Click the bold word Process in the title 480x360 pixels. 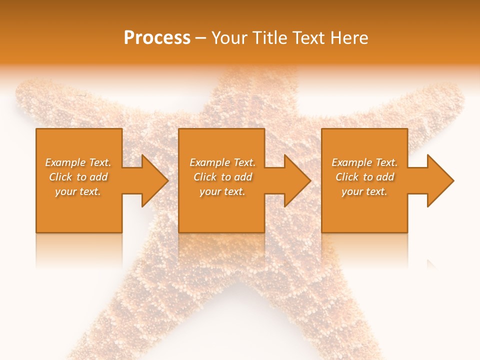pos(157,37)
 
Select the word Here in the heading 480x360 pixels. pos(349,37)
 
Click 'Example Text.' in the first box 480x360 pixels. pos(78,162)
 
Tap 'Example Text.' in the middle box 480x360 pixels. pos(222,162)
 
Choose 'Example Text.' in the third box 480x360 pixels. pos(364,162)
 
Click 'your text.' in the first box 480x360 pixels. pos(78,191)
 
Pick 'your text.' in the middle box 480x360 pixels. pos(222,191)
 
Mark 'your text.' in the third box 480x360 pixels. pos(364,191)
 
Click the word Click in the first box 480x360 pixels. pos(61,177)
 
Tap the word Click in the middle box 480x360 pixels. pos(205,177)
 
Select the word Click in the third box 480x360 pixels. pos(347,177)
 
